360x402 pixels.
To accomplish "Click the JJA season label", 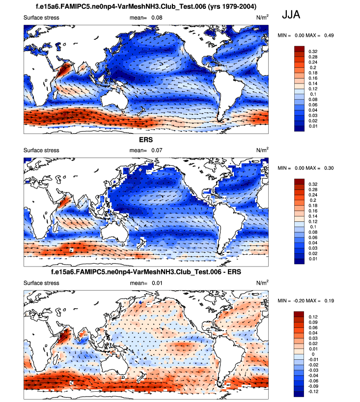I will click(x=291, y=15).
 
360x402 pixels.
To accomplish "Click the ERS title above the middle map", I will click(x=146, y=139).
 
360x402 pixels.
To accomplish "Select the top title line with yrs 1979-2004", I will click(x=146, y=6).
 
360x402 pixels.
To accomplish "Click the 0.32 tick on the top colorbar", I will click(x=312, y=51).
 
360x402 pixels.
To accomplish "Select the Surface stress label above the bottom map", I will click(x=41, y=283).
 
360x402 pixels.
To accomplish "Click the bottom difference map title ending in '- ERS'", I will click(x=146, y=272).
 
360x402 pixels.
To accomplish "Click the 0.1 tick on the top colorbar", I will click(x=311, y=93).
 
